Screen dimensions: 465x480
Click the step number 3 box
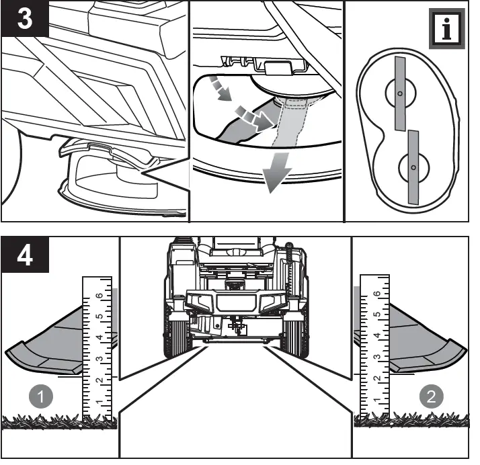click(24, 18)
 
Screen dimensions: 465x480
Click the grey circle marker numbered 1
click(43, 396)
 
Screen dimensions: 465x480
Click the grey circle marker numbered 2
click(431, 396)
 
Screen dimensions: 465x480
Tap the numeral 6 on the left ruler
click(98, 295)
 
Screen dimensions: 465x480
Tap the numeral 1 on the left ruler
click(98, 402)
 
